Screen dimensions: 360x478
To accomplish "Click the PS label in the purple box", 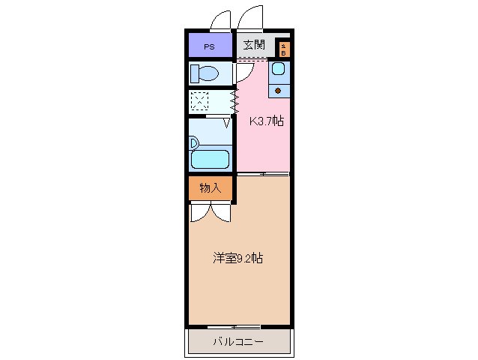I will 209,46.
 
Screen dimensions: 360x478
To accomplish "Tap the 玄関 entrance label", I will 254,45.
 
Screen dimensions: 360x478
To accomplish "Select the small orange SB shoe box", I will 283,49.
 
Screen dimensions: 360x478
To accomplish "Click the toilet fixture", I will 204,73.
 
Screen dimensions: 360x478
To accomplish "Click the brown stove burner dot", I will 278,91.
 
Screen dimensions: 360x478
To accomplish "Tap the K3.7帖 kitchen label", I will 267,120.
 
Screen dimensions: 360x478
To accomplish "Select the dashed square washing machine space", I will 199,101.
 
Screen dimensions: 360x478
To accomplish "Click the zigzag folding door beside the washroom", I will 235,101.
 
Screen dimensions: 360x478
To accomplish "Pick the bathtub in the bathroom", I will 210,158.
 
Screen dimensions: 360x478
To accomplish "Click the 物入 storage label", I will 211,188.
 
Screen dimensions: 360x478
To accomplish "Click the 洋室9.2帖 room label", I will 238,258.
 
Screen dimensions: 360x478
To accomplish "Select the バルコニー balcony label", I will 238,342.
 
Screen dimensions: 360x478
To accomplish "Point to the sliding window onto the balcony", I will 234,327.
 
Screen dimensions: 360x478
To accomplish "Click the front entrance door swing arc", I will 252,17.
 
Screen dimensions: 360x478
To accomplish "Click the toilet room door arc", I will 243,72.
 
